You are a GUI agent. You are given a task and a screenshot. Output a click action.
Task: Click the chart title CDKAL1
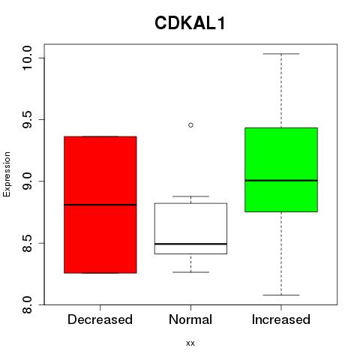pos(190,23)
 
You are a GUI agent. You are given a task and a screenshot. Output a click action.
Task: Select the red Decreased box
pos(100,205)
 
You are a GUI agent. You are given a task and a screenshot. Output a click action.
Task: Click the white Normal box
pos(190,229)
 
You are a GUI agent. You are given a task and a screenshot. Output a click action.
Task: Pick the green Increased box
pos(281,169)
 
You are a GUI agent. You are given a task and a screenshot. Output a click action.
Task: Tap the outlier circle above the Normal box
pos(190,125)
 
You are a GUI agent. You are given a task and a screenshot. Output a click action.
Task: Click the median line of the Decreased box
pos(100,205)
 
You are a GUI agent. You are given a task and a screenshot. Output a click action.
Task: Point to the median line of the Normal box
pos(190,244)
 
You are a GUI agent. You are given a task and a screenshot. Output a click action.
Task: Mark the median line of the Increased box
pos(281,180)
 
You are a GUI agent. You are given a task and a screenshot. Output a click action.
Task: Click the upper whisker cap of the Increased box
pos(281,54)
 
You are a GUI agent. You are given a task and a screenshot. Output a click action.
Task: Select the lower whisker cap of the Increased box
pos(281,295)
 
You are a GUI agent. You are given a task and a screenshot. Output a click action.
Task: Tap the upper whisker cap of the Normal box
pos(190,196)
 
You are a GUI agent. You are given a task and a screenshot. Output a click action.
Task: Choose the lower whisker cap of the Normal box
pos(190,272)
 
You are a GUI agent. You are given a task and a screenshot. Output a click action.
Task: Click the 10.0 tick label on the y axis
pos(27,58)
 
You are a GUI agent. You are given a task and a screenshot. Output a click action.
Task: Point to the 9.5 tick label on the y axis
pos(27,119)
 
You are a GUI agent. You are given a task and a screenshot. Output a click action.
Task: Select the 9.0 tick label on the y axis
pos(27,181)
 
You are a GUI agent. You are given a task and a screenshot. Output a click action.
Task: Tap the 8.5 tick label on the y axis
pos(27,243)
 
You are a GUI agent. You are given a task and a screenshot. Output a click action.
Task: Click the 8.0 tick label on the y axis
pos(27,304)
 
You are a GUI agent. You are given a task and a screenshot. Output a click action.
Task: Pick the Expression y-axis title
pos(7,174)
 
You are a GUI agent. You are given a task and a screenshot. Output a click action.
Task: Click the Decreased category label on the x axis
pos(100,319)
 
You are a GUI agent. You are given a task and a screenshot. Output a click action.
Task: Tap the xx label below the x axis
pos(190,343)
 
